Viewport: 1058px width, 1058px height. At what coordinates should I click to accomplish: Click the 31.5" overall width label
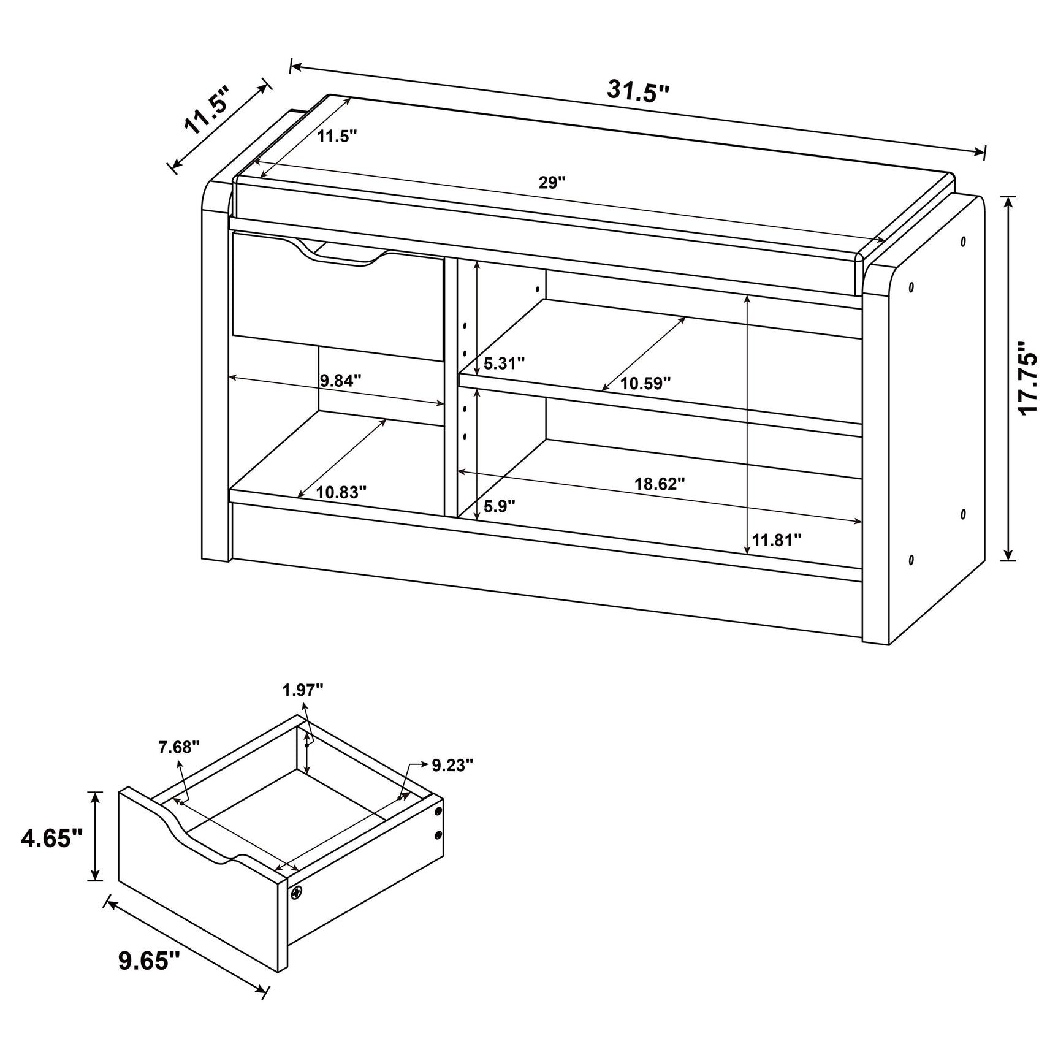tap(638, 91)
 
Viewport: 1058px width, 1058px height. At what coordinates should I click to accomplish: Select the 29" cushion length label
tap(552, 183)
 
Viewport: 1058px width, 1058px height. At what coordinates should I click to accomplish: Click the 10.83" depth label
tap(341, 492)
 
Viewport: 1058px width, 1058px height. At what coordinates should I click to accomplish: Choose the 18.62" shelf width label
tap(659, 484)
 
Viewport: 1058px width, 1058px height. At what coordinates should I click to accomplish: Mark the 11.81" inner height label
tap(777, 540)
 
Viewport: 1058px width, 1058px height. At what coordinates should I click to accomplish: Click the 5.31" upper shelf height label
tap(504, 363)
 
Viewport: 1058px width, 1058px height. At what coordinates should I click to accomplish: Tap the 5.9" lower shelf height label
tap(499, 506)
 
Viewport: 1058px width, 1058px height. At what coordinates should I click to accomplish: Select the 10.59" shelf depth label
tap(645, 384)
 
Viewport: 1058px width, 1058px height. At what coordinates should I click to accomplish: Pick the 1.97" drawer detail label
tap(303, 690)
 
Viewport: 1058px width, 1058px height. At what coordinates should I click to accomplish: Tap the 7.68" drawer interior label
tap(179, 747)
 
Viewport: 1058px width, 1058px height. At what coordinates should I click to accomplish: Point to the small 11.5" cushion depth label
tap(337, 136)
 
